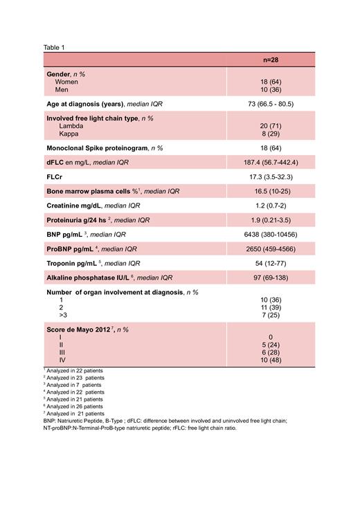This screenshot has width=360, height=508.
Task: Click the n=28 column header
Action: pos(270,60)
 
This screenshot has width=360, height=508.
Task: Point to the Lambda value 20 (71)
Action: pos(270,126)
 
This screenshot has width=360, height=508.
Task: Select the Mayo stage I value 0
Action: pos(270,336)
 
